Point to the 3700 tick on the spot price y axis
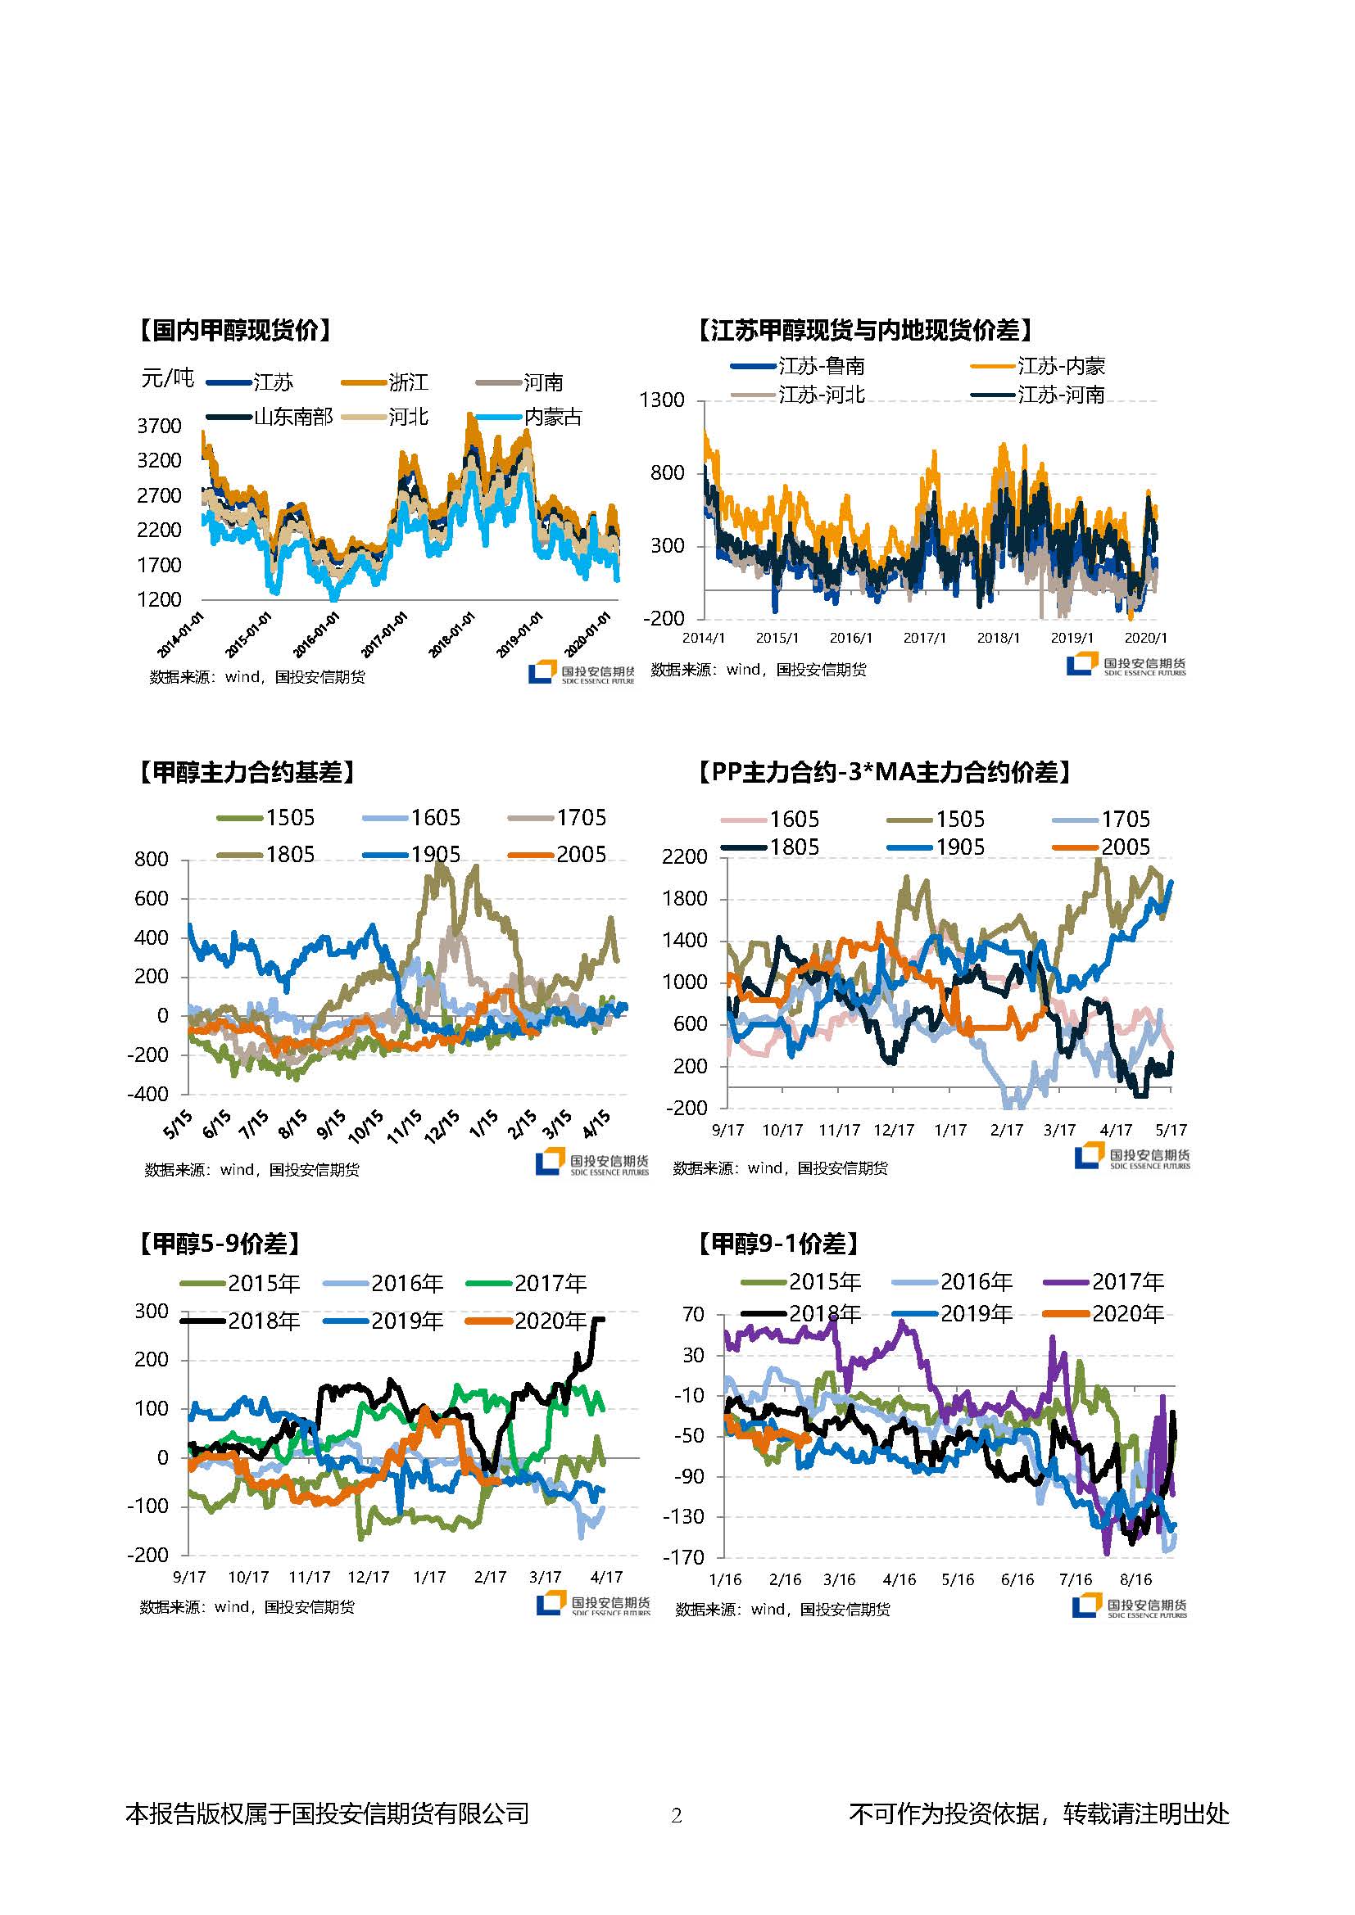pos(159,427)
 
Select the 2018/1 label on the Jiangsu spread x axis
pos(998,638)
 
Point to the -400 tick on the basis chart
pos(147,1095)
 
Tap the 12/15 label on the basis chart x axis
pos(442,1125)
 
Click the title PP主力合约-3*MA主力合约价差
pos(885,772)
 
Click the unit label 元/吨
pos(168,379)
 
